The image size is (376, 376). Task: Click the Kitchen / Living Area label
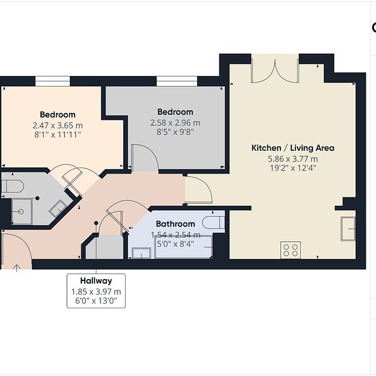point(293,148)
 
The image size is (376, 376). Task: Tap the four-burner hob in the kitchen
point(291,250)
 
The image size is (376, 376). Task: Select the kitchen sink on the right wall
point(348,229)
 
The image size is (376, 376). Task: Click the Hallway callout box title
point(96,280)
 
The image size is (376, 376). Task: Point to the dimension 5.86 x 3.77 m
point(293,159)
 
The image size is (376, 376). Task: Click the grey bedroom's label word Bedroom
point(175,112)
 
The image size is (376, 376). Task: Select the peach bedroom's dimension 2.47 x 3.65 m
point(57,125)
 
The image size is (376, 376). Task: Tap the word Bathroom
point(175,224)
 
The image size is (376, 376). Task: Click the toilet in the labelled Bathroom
point(213,222)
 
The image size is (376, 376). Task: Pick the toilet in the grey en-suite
point(12,186)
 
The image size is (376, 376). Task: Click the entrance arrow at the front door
point(16,268)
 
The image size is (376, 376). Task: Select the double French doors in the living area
point(275,71)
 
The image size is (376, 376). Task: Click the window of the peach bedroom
point(53,81)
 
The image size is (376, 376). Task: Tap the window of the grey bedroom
point(177,81)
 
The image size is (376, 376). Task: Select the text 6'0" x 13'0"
point(96,301)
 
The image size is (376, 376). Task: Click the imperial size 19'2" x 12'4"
point(293,168)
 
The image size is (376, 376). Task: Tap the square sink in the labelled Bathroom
point(142,253)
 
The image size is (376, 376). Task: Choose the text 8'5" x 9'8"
point(175,132)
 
